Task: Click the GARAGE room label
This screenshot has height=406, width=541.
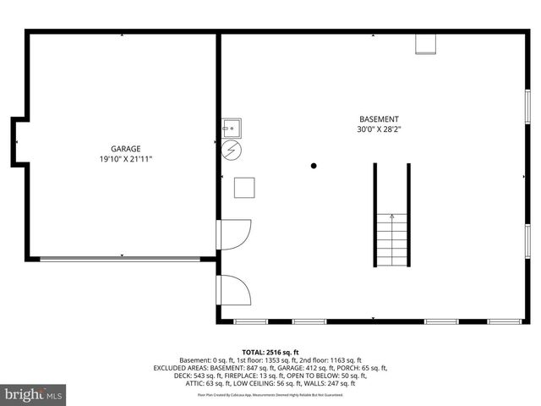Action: click(x=125, y=148)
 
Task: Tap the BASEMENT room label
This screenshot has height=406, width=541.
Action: click(x=379, y=120)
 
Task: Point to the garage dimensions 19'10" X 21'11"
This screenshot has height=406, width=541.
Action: click(x=125, y=159)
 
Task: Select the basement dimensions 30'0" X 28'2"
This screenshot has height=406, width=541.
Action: click(x=379, y=130)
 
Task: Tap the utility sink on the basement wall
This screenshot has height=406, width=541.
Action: click(x=232, y=128)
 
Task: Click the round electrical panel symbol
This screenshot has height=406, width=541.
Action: click(x=232, y=151)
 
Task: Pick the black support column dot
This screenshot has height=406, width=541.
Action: click(x=313, y=166)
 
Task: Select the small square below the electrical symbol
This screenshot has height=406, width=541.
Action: click(x=244, y=187)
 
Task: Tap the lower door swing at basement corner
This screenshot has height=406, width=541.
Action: click(x=234, y=290)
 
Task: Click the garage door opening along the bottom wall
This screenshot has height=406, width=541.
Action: click(x=122, y=258)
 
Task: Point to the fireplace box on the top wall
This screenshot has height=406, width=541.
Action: click(x=425, y=43)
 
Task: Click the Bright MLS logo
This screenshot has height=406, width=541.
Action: click(x=34, y=394)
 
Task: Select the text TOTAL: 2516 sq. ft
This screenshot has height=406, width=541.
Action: click(x=270, y=352)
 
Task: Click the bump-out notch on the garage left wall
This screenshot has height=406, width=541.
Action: click(x=16, y=141)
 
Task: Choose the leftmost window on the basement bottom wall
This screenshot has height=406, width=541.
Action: click(x=249, y=321)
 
